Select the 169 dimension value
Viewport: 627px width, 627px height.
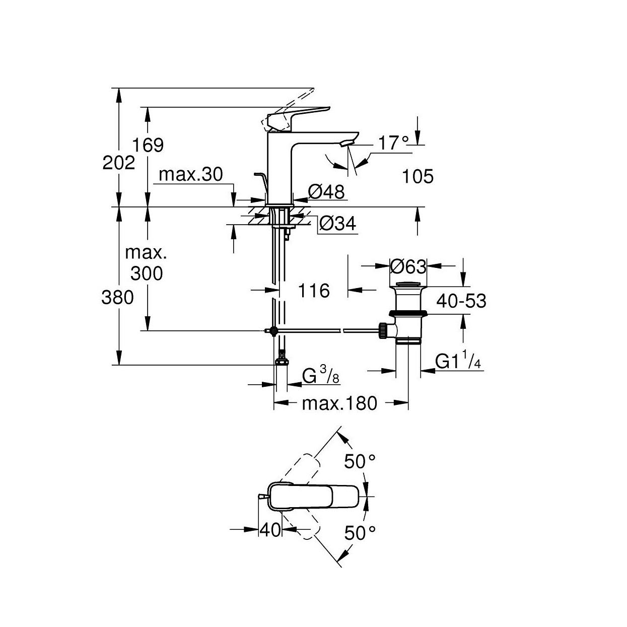point(148,145)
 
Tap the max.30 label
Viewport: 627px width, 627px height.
point(190,175)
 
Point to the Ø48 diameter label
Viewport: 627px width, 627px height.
point(326,191)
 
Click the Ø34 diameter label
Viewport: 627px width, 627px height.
point(337,224)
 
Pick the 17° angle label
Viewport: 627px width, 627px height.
point(393,143)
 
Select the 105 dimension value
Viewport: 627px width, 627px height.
point(418,176)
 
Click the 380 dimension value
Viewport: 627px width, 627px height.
point(118,297)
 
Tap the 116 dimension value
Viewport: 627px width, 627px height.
point(313,291)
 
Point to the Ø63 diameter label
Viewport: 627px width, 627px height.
point(408,266)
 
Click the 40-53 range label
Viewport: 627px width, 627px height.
point(461,301)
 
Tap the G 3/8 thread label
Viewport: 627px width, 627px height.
point(319,376)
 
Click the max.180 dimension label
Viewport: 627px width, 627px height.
point(339,403)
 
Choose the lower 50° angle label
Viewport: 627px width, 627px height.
point(360,532)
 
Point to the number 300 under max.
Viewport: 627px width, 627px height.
point(147,273)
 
